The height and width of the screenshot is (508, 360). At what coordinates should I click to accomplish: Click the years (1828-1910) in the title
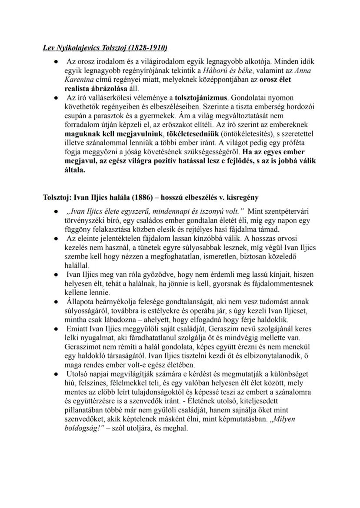(x=147, y=47)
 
